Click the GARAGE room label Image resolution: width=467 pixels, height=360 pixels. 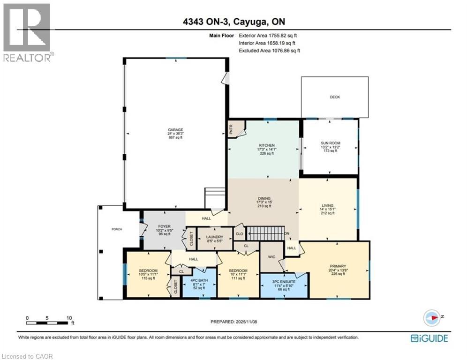tap(176, 130)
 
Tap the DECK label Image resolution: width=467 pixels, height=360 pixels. tap(335, 97)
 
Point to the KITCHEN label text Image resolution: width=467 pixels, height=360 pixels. tap(266, 145)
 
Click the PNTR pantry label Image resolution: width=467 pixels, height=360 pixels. tap(232, 130)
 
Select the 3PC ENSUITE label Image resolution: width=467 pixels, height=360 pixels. tap(282, 282)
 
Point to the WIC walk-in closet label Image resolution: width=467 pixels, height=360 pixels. tap(271, 256)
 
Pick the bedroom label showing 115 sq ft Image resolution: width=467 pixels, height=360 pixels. tap(147, 271)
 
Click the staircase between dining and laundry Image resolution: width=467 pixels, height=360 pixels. tap(266, 232)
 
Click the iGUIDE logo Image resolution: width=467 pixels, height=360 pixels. tap(429, 338)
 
